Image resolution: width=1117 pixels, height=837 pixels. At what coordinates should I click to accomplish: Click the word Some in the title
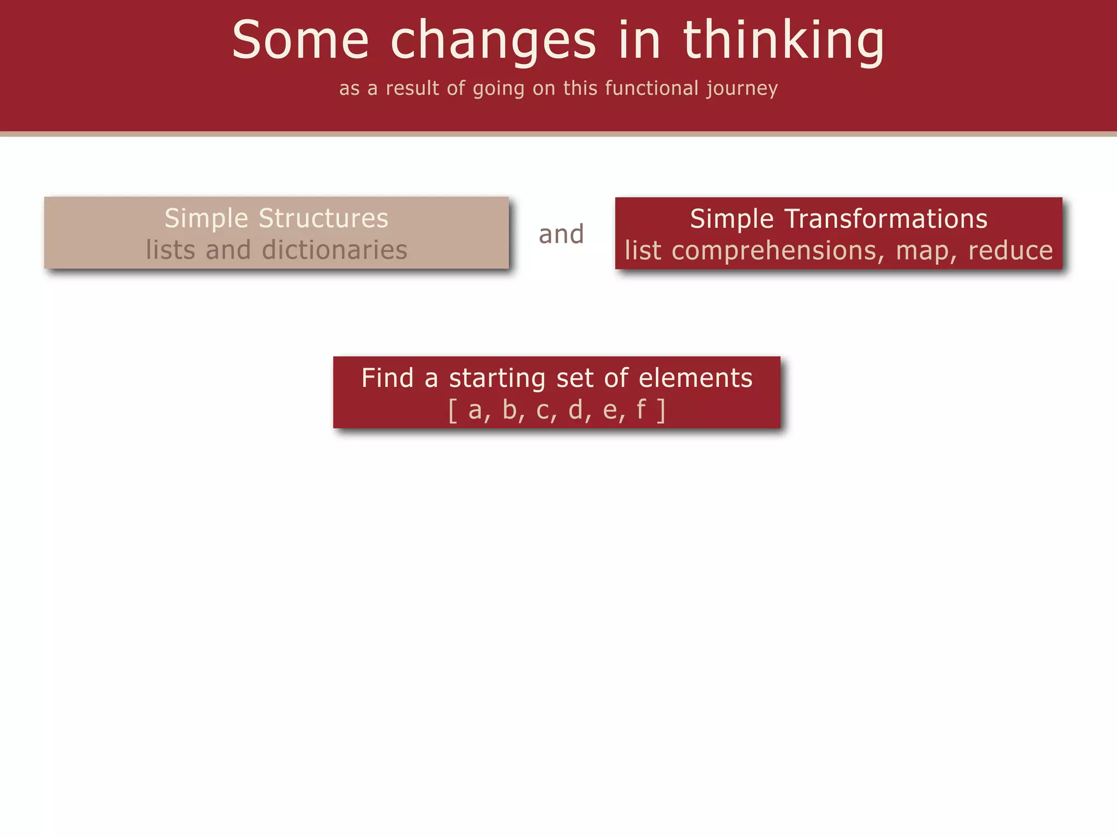pyautogui.click(x=301, y=40)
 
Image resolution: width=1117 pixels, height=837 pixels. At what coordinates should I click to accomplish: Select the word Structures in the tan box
pyautogui.click(x=323, y=219)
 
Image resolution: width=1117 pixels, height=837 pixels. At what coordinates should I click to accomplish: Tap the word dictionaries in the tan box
pyautogui.click(x=334, y=250)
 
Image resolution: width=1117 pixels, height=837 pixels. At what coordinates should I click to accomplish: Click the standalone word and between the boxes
pyautogui.click(x=561, y=234)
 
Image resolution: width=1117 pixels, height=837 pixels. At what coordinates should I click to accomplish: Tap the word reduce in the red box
pyautogui.click(x=1010, y=251)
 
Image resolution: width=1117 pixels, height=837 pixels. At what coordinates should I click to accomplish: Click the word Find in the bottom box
pyautogui.click(x=387, y=378)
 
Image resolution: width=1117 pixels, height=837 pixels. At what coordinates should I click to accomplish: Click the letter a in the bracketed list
pyautogui.click(x=475, y=410)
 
